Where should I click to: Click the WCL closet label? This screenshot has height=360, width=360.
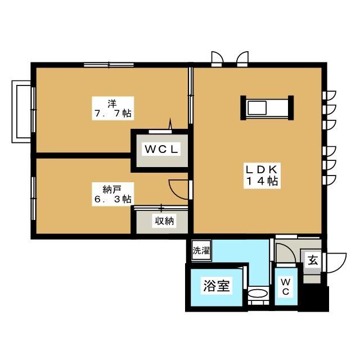[x=161, y=150]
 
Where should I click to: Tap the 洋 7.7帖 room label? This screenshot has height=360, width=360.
[x=112, y=109]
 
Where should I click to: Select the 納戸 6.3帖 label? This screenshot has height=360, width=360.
[x=112, y=194]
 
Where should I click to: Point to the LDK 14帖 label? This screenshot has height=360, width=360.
[x=262, y=175]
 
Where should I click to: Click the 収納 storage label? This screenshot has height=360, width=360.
[x=164, y=220]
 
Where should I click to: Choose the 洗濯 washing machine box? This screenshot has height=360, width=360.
[x=201, y=250]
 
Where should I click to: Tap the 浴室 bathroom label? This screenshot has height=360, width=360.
[x=217, y=286]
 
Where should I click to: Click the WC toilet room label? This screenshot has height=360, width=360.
[x=286, y=286]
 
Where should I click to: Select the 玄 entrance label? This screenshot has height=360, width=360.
[x=313, y=260]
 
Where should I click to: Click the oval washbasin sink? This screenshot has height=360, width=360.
[x=258, y=293]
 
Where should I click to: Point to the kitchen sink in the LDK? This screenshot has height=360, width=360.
[x=257, y=108]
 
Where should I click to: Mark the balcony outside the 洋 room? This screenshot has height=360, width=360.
[x=21, y=111]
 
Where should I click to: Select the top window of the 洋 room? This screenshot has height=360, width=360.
[x=109, y=65]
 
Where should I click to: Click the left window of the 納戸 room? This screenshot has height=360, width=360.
[x=34, y=199]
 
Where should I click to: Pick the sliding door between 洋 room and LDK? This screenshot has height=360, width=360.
[x=191, y=96]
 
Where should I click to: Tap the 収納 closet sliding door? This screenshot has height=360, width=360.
[x=161, y=208]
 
